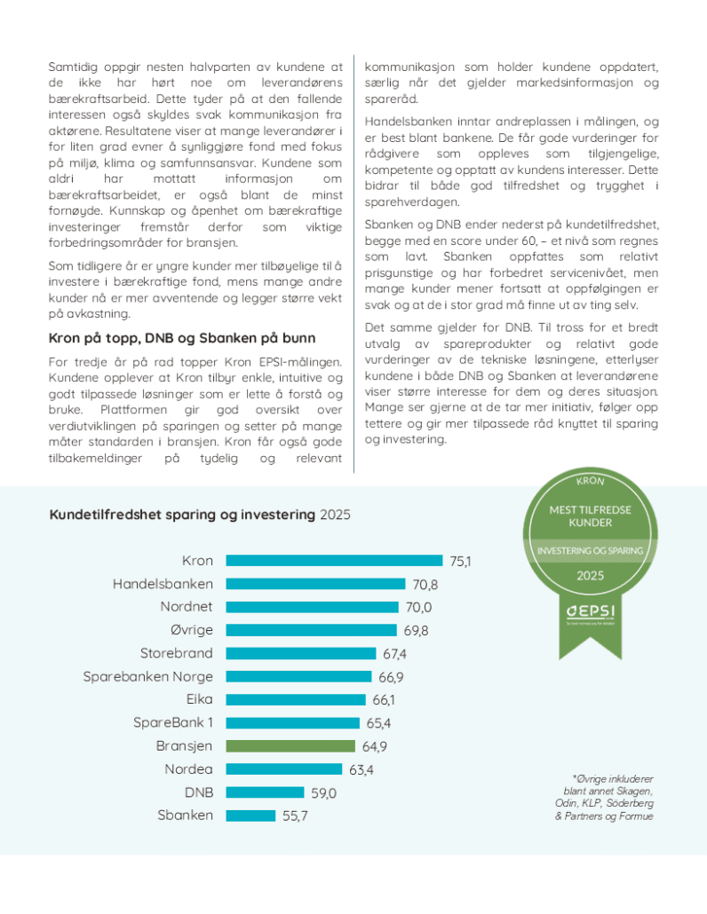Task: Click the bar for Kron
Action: tap(334, 561)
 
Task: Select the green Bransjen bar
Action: tap(290, 745)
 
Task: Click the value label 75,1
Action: tap(460, 561)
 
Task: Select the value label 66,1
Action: tap(384, 699)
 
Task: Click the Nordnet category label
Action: tap(187, 607)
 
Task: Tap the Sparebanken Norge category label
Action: tap(148, 676)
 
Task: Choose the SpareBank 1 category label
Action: tap(173, 722)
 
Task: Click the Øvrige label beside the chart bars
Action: tap(191, 630)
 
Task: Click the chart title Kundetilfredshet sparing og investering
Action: tap(182, 515)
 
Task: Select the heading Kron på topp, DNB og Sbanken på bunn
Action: tap(182, 337)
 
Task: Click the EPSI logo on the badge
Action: tap(591, 614)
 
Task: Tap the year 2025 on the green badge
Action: tap(591, 575)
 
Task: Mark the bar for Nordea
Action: tap(285, 768)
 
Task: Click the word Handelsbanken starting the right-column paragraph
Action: tap(405, 121)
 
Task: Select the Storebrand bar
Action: tap(301, 653)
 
